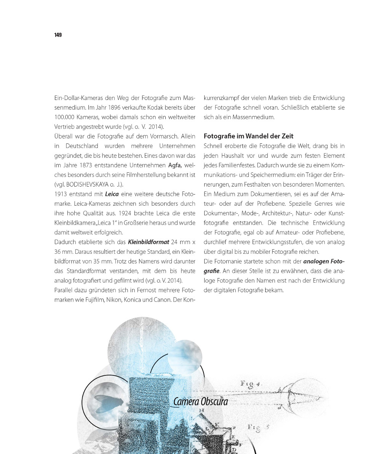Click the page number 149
point(58,35)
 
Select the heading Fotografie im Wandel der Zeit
point(248,136)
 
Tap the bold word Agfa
point(174,166)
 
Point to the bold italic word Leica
point(112,194)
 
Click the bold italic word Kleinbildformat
point(149,242)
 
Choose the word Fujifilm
point(95,299)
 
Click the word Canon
point(161,299)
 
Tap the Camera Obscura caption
point(200,401)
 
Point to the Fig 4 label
point(250,385)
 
